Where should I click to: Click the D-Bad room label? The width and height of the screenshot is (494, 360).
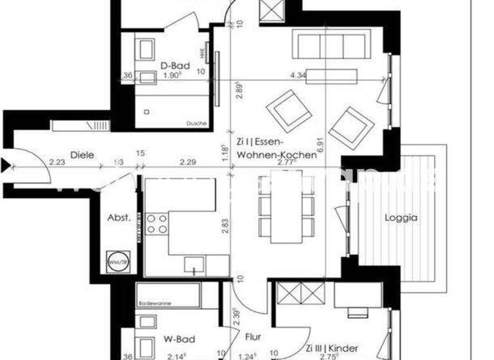point(172,64)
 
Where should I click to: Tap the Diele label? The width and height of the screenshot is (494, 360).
point(83,154)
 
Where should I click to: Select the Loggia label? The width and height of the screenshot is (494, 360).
point(401,217)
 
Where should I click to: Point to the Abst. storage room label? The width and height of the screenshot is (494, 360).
point(119,217)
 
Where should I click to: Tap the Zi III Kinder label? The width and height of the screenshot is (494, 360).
point(332,348)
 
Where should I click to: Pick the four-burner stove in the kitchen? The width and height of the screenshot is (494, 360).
point(158,224)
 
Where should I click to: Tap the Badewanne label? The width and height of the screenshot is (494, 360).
point(154,290)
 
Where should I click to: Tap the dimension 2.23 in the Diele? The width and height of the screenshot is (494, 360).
point(58,163)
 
